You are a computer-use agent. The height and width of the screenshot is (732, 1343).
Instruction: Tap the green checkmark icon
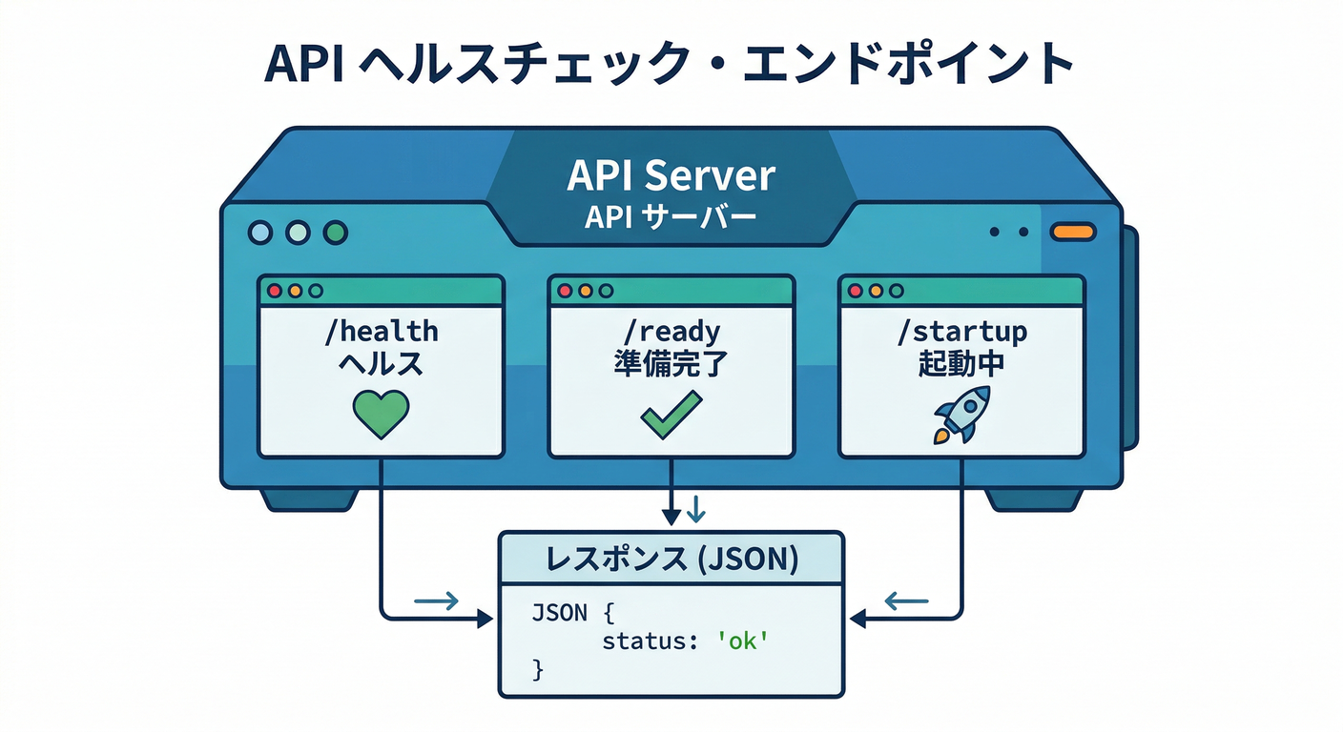[x=671, y=416]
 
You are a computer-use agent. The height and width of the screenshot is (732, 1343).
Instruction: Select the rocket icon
[x=961, y=415]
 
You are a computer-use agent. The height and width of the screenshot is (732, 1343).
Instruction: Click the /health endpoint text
[x=381, y=332]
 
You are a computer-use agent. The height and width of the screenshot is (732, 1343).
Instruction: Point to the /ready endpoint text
[x=671, y=332]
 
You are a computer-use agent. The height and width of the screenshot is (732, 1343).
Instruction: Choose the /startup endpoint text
[x=961, y=332]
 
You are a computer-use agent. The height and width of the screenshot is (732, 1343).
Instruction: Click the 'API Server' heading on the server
[x=671, y=176]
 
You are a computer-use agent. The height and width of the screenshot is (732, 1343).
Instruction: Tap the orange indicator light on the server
[x=1073, y=232]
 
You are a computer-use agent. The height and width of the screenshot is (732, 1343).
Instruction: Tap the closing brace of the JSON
[x=537, y=670]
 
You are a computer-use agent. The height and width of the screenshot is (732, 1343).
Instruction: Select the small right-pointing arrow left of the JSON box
[x=437, y=600]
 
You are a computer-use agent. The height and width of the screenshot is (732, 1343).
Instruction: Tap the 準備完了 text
[x=671, y=365]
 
